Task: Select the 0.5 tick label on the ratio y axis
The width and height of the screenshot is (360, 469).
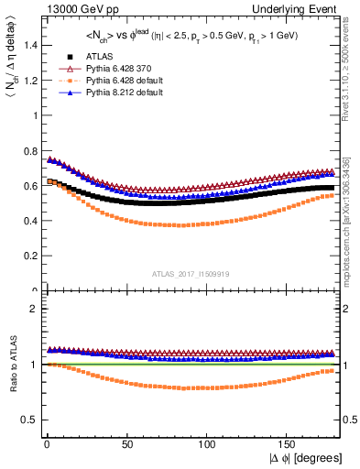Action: pyautogui.click(x=29, y=420)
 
